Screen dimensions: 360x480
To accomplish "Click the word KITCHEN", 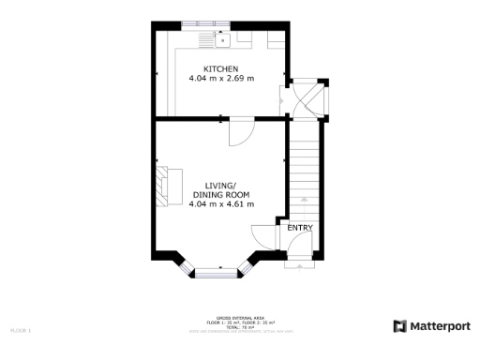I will coord(221,69).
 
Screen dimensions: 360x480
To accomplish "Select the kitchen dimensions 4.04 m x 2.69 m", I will coord(221,79).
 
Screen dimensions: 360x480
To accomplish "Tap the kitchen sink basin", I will coord(223,39).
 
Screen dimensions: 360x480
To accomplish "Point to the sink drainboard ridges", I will coord(206,39).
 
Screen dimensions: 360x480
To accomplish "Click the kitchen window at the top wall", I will coord(197,22).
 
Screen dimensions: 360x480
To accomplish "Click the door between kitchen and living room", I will coord(239,130).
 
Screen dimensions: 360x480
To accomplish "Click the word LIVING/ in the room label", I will coord(221,186).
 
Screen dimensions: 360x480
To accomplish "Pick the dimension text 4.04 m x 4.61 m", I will coord(221,203).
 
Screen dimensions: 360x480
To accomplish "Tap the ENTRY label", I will coord(300,228).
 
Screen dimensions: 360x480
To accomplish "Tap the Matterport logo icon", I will coord(399,325).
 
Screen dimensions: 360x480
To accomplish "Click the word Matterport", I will coord(441,325).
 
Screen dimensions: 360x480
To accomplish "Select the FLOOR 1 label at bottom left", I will coord(21,331).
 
